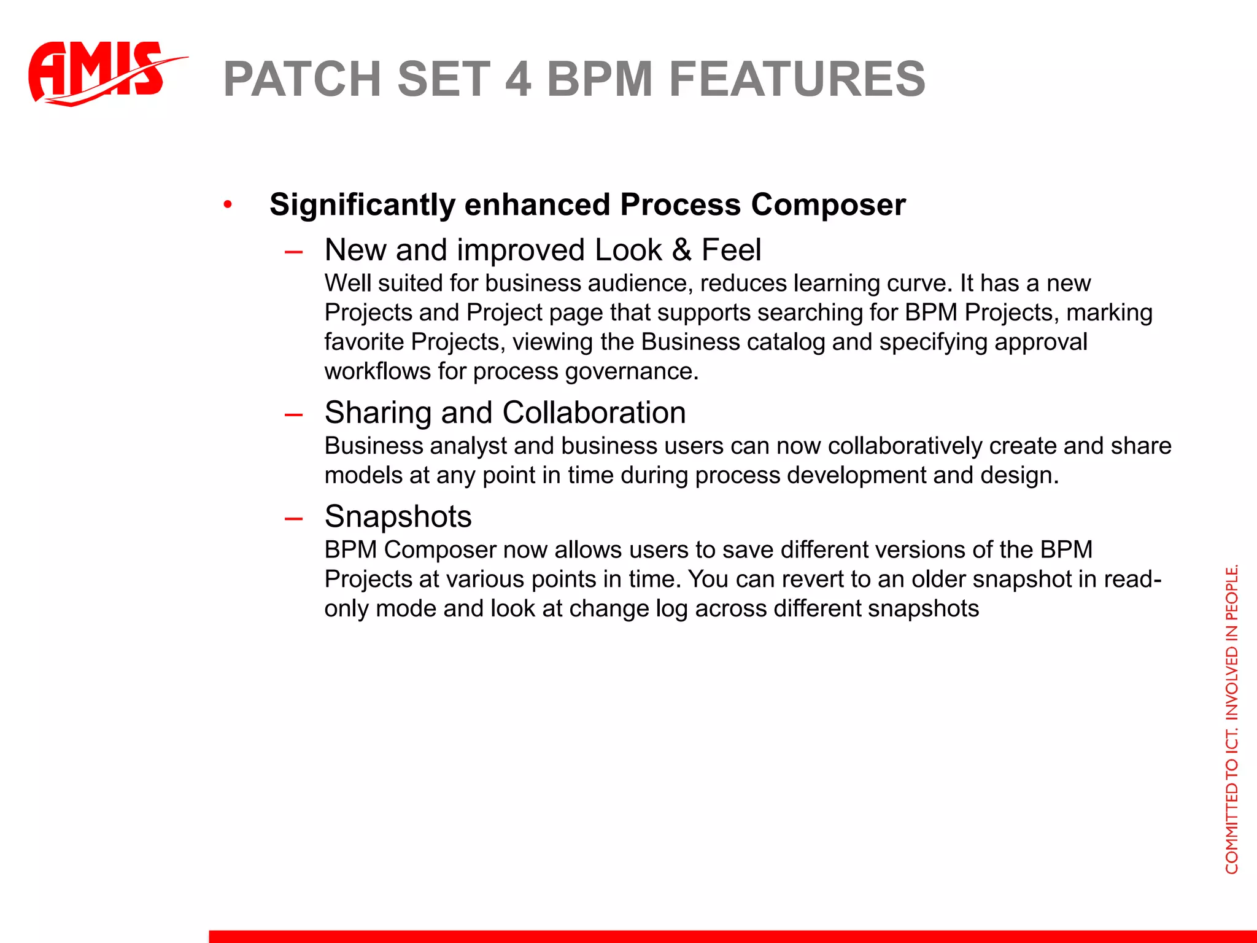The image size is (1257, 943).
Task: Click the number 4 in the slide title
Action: (517, 79)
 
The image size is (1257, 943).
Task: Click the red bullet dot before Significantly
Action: (228, 204)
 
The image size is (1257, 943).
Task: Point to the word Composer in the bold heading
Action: (828, 204)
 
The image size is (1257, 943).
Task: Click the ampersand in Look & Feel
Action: (681, 250)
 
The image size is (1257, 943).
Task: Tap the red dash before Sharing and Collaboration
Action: (293, 414)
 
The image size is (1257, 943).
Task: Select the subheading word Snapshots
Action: (398, 516)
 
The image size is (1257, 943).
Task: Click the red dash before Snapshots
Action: (293, 518)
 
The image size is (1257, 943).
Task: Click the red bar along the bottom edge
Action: (730, 936)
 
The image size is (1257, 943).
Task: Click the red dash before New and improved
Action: (293, 252)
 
